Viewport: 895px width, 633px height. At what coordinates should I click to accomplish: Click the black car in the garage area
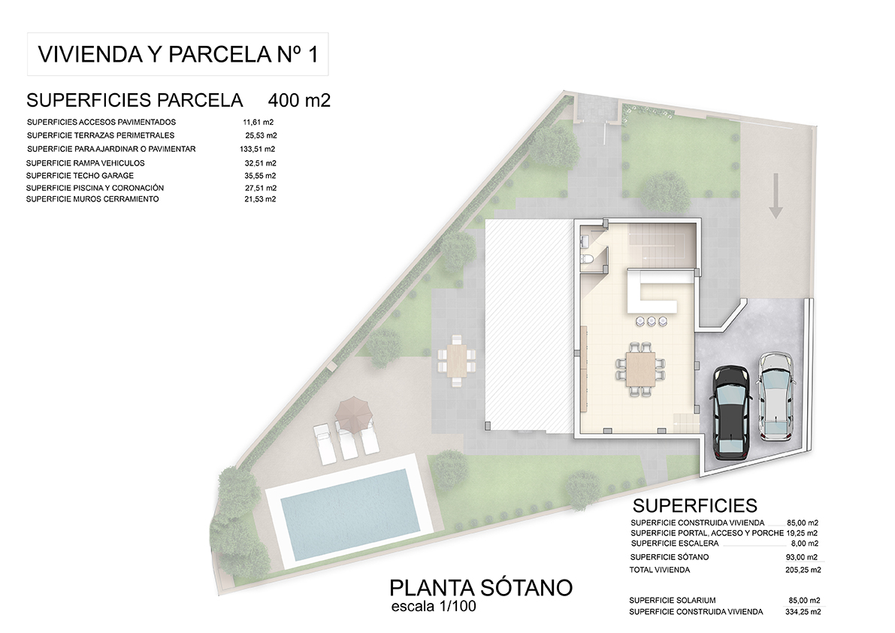tap(730, 412)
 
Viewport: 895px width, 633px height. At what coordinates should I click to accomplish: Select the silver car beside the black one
tap(775, 397)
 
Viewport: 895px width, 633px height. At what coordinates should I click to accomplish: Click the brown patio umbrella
tap(353, 414)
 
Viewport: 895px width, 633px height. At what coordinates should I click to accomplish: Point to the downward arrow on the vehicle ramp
tap(775, 195)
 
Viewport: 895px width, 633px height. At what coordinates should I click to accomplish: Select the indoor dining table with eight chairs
tap(641, 368)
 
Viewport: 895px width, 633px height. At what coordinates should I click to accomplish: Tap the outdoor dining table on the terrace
tap(457, 362)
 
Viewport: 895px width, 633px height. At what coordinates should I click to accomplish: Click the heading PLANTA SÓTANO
tap(481, 587)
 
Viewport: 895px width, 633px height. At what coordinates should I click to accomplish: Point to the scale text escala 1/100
tap(434, 606)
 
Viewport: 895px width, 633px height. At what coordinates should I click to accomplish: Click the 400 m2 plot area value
tap(299, 101)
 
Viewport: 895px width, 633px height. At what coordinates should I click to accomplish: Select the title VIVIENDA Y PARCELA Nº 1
tap(178, 54)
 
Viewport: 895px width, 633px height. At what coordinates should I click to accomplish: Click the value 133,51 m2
tap(258, 149)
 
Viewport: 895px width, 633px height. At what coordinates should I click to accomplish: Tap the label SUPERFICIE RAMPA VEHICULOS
tap(85, 163)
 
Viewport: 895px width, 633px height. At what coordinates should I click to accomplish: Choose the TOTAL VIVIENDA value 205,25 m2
tap(803, 570)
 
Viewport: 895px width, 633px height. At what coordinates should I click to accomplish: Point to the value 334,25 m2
tap(803, 612)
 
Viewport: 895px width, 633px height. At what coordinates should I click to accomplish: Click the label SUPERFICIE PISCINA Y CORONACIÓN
tap(95, 188)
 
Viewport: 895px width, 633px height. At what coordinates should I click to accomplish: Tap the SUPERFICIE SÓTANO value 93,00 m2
tap(801, 557)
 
